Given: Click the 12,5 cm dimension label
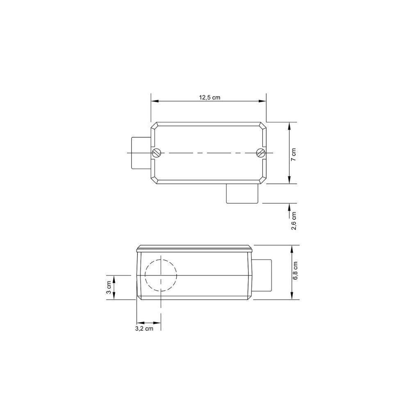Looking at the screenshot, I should click(x=210, y=97).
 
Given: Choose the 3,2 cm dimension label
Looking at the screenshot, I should click(x=144, y=328).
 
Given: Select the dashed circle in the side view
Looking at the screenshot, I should click(x=161, y=275).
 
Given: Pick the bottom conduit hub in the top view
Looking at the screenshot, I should click(x=241, y=194).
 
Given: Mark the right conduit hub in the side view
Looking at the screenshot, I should click(x=262, y=275).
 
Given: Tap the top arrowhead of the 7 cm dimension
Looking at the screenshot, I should click(x=290, y=125).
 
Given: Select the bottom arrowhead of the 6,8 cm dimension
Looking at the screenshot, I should click(x=292, y=297).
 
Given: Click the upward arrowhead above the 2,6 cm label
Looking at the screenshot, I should click(x=290, y=205).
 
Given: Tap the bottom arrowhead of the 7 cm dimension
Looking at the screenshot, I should click(x=290, y=181).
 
